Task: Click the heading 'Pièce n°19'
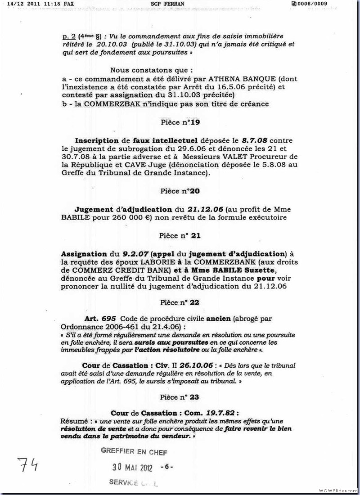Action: (180, 122)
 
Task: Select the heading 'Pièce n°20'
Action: (180, 191)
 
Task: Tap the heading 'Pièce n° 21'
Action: (180, 235)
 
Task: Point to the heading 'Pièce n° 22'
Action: (180, 303)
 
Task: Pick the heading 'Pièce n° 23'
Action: (180, 397)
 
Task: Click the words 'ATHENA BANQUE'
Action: (209, 79)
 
